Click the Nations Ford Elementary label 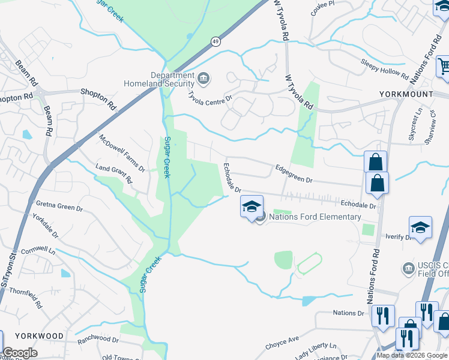[315, 217]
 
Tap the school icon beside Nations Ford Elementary [252, 207]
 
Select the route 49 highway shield [215, 41]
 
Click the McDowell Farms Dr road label [122, 152]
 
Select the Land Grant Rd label [113, 175]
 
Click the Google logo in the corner [20, 353]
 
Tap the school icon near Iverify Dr [420, 228]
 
